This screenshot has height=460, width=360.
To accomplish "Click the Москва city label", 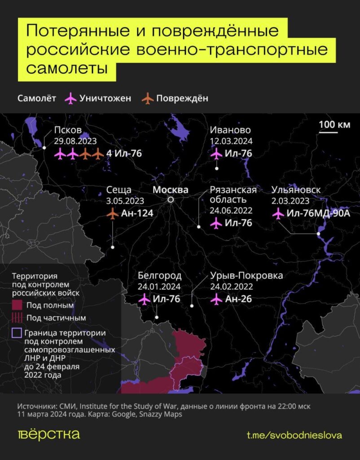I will coord(171,190).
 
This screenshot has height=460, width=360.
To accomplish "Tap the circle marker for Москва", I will coord(171,200).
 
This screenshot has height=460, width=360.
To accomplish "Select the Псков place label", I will coord(68,130).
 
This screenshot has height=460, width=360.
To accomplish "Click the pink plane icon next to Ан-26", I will coord(216,299).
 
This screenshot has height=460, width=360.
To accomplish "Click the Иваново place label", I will coord(230,130).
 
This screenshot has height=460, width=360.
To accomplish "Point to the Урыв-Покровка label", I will coord(246,275).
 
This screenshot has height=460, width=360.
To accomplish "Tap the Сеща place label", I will coord(119,190).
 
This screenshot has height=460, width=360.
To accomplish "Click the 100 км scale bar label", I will coord(335,124).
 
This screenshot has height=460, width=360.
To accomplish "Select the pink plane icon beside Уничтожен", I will coord(70,98).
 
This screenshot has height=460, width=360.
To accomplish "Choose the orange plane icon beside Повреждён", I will coord(147,98).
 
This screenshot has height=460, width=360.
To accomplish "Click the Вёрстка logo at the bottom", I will coord(49,435).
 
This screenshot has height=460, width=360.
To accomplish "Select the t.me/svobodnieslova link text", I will coord(294,435).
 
